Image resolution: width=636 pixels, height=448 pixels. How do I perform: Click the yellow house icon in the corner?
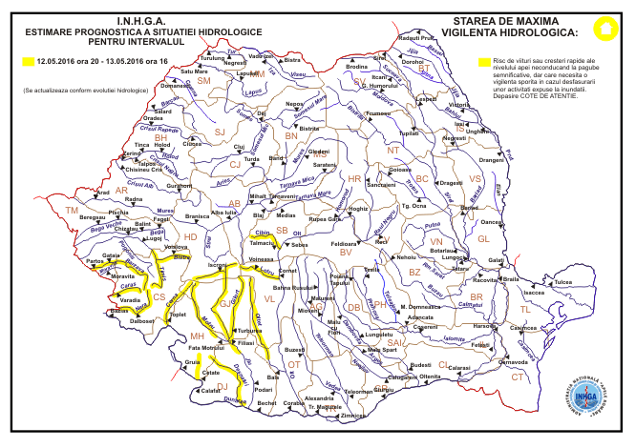pyautogui.click(x=604, y=28)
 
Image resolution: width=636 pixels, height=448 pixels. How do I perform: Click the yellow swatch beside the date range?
pyautogui.click(x=28, y=61)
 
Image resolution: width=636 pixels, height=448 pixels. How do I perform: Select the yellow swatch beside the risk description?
pyautogui.click(x=484, y=61)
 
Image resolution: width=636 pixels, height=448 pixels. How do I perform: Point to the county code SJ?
pyautogui.click(x=219, y=131)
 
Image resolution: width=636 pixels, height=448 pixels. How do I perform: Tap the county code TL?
pyautogui.click(x=525, y=311)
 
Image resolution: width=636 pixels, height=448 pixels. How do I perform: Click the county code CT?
pyautogui.click(x=517, y=377)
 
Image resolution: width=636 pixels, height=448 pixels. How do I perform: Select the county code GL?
pyautogui.click(x=482, y=238)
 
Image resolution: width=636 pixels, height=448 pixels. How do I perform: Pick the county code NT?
pyautogui.click(x=392, y=150)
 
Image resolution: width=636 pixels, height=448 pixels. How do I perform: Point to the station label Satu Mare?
pyautogui.click(x=194, y=71)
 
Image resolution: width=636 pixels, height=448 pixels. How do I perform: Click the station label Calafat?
pyautogui.click(x=210, y=391)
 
